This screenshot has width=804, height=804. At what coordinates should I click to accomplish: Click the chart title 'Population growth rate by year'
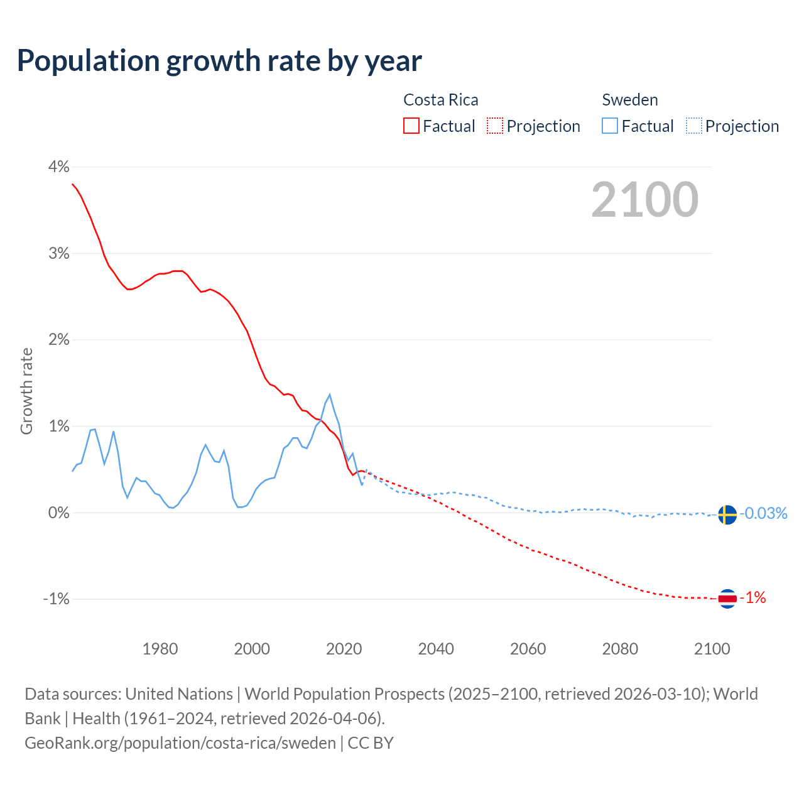coord(219,61)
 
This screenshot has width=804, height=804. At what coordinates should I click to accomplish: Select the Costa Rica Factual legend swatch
coord(411,126)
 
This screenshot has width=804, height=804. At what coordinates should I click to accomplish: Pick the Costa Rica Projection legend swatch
coord(495,126)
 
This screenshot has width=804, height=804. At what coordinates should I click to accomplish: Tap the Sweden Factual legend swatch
coord(610,126)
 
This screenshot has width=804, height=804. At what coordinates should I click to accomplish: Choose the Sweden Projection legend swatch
coord(693,126)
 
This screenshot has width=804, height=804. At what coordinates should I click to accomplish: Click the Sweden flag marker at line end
coord(727,514)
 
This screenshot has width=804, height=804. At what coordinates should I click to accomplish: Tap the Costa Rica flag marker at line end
coord(727,599)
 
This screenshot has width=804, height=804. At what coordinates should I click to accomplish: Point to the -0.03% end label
coord(763,514)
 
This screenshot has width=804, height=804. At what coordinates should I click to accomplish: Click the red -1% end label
coord(753,598)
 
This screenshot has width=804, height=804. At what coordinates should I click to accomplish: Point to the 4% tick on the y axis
coord(58,167)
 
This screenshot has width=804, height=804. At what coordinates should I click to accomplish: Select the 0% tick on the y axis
coord(58,513)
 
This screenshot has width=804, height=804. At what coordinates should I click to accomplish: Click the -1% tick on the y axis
coord(56,599)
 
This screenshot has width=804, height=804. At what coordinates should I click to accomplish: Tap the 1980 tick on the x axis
coord(160,649)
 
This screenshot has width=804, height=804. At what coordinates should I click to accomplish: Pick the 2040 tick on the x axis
coord(436,649)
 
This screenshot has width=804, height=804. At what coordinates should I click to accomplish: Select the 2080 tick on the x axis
coord(620,649)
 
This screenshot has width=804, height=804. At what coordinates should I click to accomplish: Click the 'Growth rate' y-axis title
coord(26,391)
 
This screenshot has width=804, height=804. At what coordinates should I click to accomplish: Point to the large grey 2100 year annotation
coord(644,200)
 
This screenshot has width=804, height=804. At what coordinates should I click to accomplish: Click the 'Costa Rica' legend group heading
coord(440,100)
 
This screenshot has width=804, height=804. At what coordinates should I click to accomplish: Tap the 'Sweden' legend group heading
coord(629,100)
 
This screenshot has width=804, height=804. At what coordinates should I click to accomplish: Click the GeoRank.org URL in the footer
coord(180,742)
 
